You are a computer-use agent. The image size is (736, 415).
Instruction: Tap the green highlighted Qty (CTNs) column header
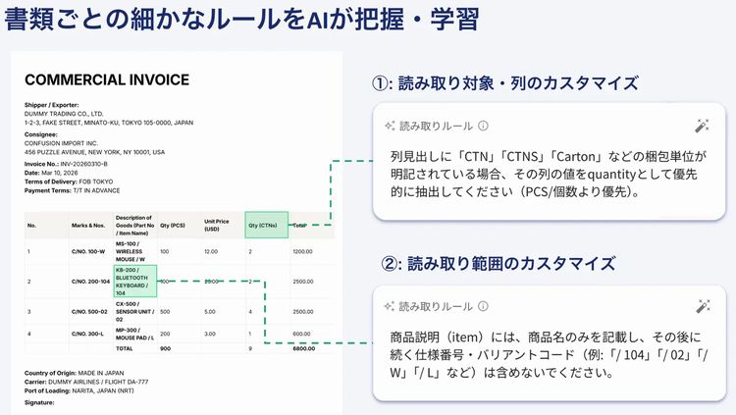[266, 225]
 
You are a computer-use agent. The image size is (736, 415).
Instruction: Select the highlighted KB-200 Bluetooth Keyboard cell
[135, 281]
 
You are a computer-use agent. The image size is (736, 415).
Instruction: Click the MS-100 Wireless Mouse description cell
[133, 251]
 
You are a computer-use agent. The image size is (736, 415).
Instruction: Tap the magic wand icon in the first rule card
[702, 126]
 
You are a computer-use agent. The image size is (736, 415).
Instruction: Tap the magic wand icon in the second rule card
[702, 305]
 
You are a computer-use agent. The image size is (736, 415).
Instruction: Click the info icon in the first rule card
[483, 127]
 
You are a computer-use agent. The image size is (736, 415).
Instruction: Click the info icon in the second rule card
[483, 306]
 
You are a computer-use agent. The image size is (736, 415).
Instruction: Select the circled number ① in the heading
[382, 83]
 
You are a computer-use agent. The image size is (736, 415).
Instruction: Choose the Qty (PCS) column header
[172, 225]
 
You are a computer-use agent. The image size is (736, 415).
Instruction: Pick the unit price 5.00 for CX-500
[209, 312]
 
